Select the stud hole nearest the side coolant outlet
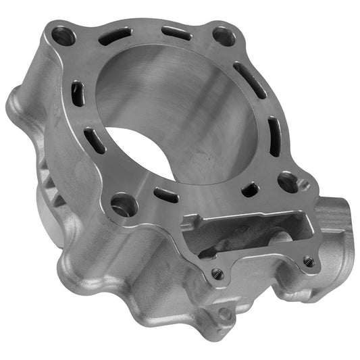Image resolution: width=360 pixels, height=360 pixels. click(288, 181)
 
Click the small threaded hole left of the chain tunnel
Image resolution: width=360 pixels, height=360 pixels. click(216, 274)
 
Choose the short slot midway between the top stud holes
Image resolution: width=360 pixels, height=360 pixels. click(177, 32)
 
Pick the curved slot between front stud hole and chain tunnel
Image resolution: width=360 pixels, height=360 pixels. click(166, 196)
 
